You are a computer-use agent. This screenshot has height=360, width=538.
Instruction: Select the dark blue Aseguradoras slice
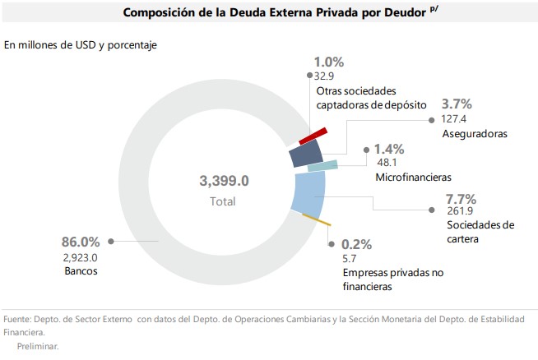point(305,154)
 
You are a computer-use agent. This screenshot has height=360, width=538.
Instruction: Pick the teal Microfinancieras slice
point(323,166)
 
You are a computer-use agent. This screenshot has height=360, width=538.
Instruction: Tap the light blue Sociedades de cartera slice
point(310,195)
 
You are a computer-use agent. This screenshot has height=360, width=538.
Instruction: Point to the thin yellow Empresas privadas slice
point(317,219)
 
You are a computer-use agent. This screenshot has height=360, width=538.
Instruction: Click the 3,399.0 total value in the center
point(224,181)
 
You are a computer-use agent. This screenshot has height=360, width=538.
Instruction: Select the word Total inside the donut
point(222,201)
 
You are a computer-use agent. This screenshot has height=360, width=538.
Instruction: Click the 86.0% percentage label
point(81,242)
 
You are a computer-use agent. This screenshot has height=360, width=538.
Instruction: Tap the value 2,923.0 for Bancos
point(80,256)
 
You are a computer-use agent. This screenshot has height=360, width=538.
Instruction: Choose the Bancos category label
point(80,270)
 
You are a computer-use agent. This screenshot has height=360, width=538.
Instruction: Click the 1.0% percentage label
point(329,62)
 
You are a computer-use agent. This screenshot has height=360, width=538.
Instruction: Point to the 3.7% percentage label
point(457,104)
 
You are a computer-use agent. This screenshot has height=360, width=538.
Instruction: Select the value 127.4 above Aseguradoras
point(456,118)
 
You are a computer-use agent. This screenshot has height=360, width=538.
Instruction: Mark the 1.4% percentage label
point(389,149)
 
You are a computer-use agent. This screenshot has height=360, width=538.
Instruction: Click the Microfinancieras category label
point(413,177)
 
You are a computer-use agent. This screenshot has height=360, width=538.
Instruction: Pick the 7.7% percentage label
point(461,198)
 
